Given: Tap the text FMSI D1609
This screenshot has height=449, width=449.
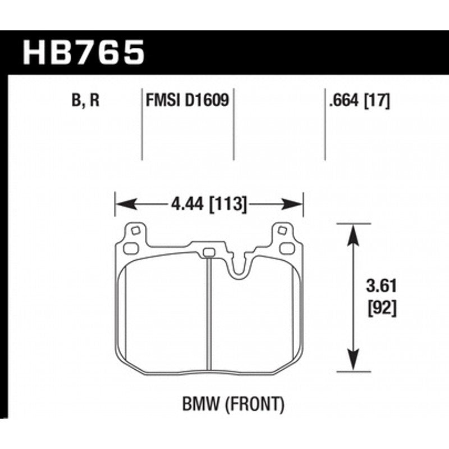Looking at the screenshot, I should click(186, 101).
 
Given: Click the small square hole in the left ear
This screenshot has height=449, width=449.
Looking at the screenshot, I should click(134, 230).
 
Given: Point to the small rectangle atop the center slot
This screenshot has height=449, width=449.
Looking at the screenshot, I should click(208, 252).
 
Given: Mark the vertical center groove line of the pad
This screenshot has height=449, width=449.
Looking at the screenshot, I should click(208, 315).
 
